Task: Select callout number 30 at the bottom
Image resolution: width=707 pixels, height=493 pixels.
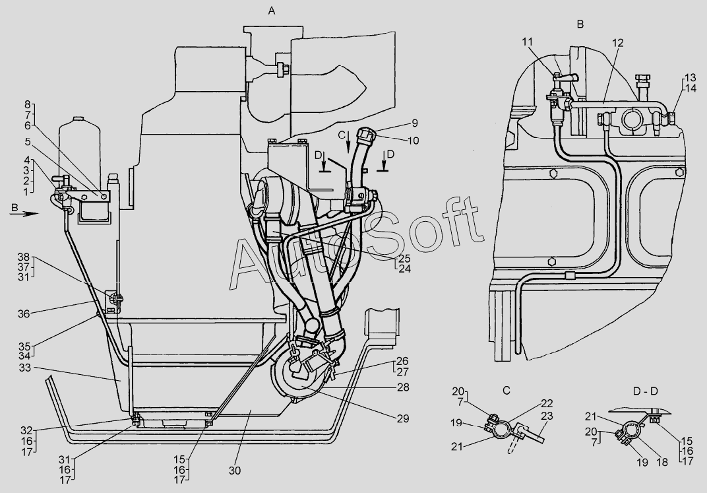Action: click(x=235, y=470)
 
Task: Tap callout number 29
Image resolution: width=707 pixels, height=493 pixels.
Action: click(x=402, y=418)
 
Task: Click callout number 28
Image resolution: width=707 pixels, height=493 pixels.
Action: click(x=402, y=387)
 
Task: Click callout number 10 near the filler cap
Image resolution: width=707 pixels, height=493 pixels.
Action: click(x=414, y=141)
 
